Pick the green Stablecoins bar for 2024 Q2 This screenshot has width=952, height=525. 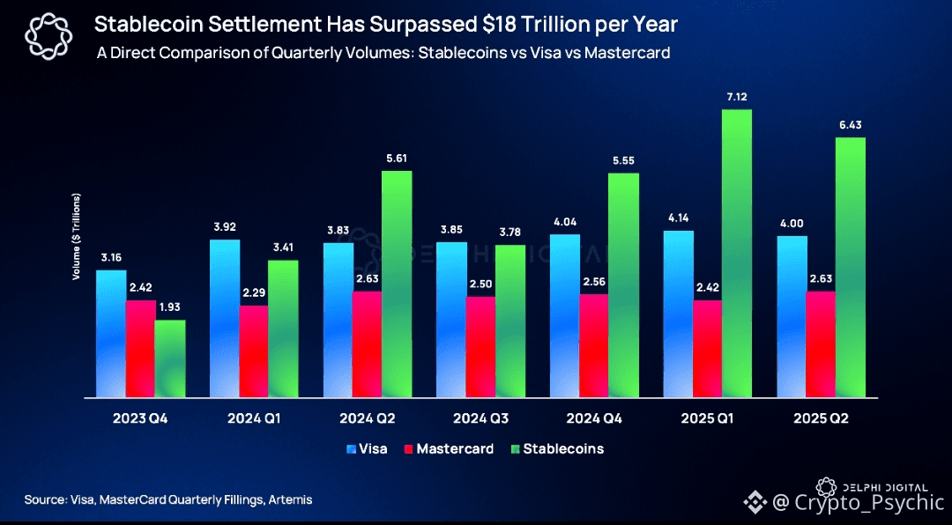397,283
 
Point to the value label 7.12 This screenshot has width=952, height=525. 737,96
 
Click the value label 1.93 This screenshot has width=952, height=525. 170,307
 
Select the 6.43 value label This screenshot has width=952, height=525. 851,124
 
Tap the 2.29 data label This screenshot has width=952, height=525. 254,292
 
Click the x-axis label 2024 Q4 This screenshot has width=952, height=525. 595,419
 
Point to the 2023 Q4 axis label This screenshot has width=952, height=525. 140,419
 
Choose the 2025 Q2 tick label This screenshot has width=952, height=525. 821,419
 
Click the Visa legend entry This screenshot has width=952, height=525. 367,449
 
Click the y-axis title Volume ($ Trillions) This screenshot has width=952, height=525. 77,236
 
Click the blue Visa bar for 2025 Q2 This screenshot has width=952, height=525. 793,316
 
